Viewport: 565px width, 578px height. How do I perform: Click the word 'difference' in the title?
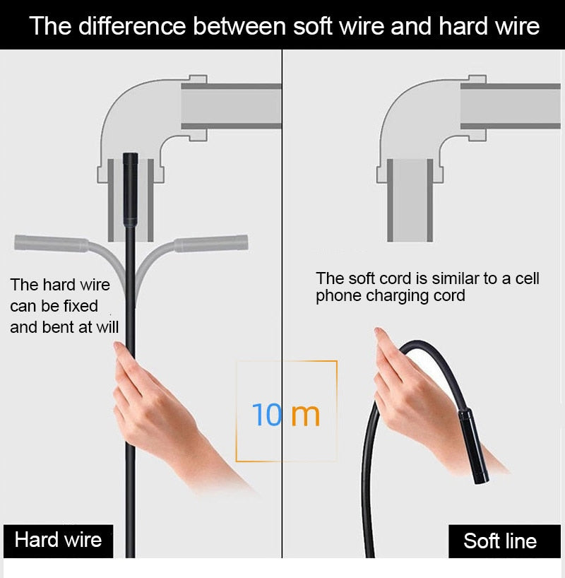pyautogui.click(x=132, y=26)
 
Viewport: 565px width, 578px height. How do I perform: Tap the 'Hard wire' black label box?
pyautogui.click(x=58, y=541)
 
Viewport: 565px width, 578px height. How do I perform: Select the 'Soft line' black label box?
pyautogui.click(x=504, y=541)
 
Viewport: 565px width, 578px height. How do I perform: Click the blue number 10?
pyautogui.click(x=266, y=415)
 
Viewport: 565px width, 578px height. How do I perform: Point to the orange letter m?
pyautogui.click(x=306, y=415)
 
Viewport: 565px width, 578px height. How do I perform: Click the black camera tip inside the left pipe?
pyautogui.click(x=131, y=189)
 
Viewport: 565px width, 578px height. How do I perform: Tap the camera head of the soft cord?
pyautogui.click(x=474, y=446)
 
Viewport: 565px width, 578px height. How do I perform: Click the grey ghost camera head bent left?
pyautogui.click(x=52, y=243)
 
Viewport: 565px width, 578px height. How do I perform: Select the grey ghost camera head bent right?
pyautogui.click(x=210, y=243)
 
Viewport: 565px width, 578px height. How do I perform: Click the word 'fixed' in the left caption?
pyautogui.click(x=81, y=306)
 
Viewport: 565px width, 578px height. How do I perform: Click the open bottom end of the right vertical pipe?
pyautogui.click(x=410, y=240)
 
